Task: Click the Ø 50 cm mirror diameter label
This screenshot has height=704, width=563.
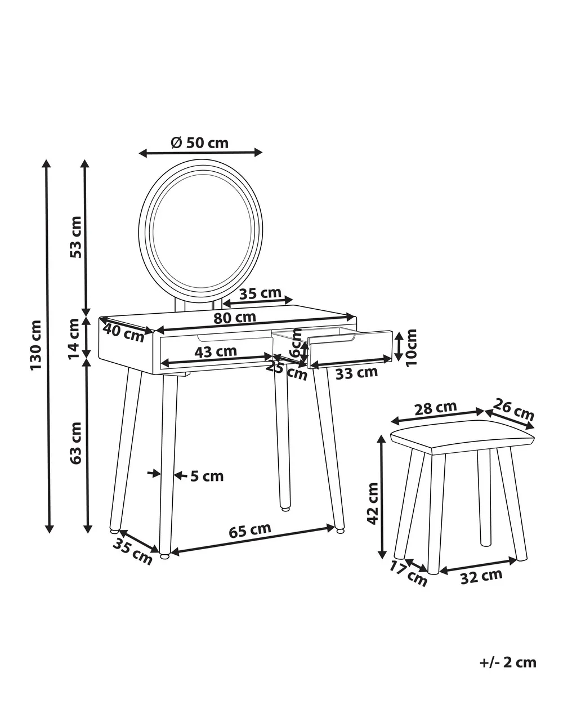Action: [x=199, y=142]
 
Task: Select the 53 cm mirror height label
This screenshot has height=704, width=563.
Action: [x=75, y=237]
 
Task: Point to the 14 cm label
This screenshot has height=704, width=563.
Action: [x=74, y=338]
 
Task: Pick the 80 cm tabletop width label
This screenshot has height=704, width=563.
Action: [x=235, y=318]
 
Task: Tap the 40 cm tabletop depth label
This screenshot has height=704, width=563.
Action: [x=123, y=332]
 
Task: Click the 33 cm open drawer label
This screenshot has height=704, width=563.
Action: [x=356, y=372]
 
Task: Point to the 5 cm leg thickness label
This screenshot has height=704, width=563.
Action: [x=207, y=476]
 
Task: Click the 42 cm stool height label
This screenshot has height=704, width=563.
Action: [x=372, y=503]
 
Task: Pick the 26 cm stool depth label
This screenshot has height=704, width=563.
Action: [x=513, y=410]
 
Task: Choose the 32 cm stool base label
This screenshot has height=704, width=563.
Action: [x=481, y=576]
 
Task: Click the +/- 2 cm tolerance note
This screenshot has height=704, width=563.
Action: [x=508, y=662]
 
